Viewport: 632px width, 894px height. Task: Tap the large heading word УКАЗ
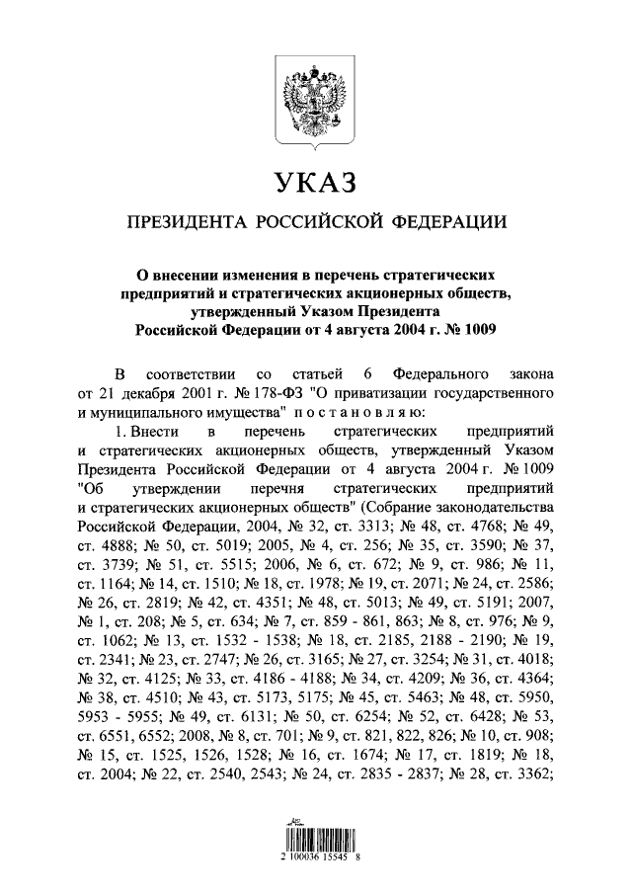[x=315, y=183]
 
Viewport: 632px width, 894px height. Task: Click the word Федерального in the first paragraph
[x=442, y=375]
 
